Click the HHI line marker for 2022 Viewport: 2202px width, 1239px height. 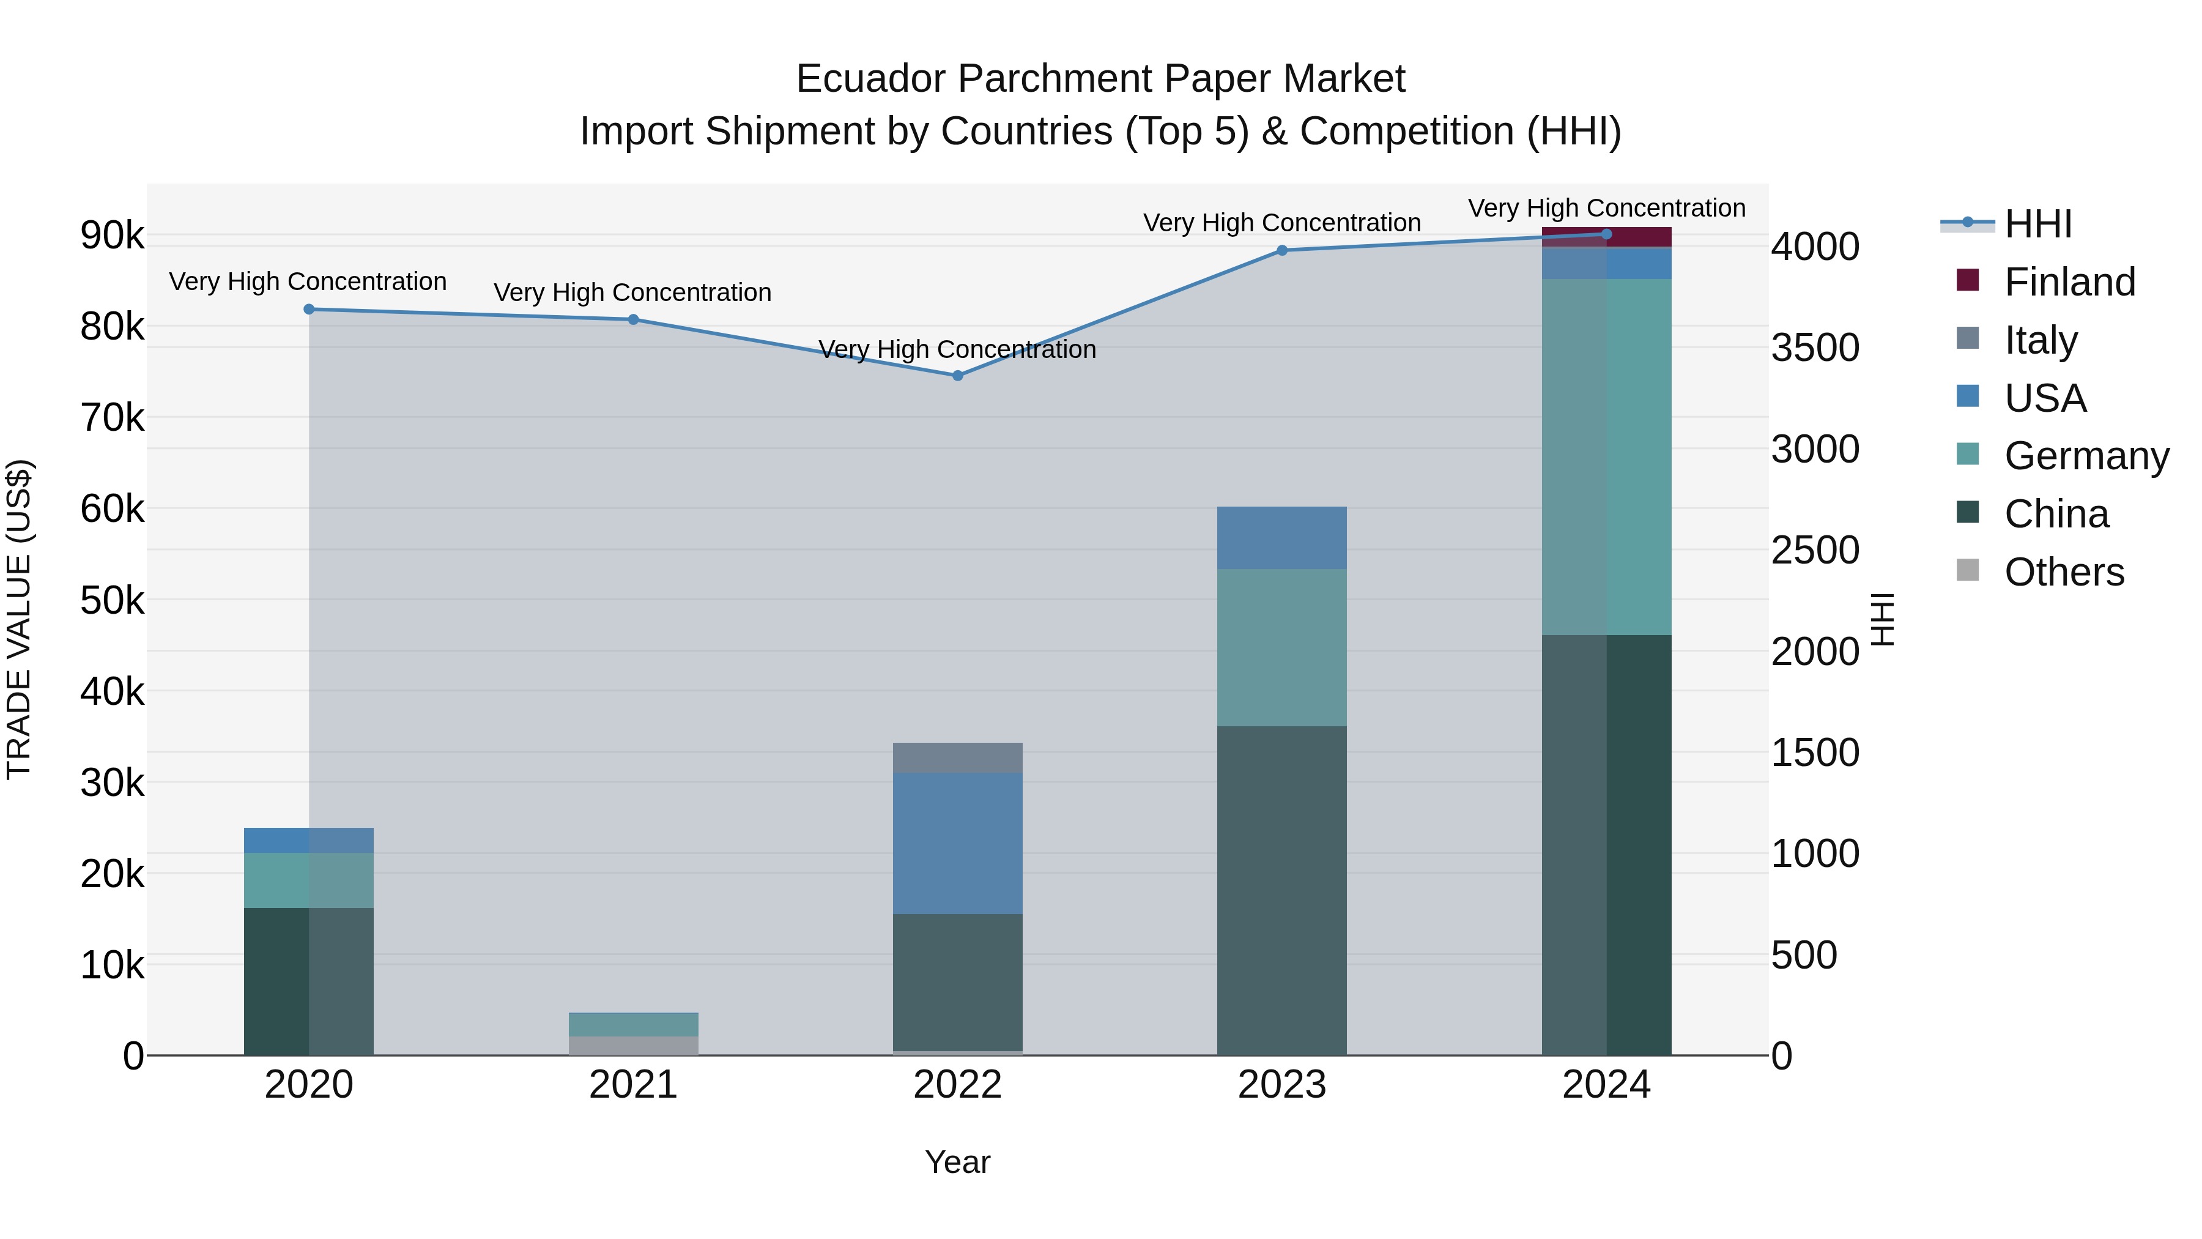pyautogui.click(x=957, y=376)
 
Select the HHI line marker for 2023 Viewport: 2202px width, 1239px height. pyautogui.click(x=1281, y=250)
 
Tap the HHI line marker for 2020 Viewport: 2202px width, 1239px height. pyautogui.click(x=309, y=310)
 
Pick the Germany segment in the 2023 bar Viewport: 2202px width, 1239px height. pyautogui.click(x=1281, y=647)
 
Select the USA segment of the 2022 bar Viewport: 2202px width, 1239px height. pyautogui.click(x=957, y=843)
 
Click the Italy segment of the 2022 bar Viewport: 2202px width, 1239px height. pyautogui.click(x=957, y=757)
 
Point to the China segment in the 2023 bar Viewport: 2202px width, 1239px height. pyautogui.click(x=1281, y=890)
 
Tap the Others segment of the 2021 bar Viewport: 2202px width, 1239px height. pyautogui.click(x=634, y=1045)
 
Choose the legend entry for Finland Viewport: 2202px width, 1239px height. pyautogui.click(x=2069, y=282)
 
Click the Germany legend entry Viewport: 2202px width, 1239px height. pyautogui.click(x=2086, y=456)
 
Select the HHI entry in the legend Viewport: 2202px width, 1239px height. pyautogui.click(x=2037, y=224)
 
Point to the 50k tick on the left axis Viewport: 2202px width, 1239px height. pyautogui.click(x=112, y=600)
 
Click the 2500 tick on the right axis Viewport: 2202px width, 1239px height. pyautogui.click(x=1815, y=550)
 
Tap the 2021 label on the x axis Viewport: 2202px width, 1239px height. pyautogui.click(x=634, y=1084)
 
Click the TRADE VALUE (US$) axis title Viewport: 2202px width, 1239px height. pyautogui.click(x=19, y=619)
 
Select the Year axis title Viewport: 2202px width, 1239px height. pyautogui.click(x=957, y=1162)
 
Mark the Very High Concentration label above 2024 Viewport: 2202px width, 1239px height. pyautogui.click(x=1606, y=208)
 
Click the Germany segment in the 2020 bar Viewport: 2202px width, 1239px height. pyautogui.click(x=309, y=880)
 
